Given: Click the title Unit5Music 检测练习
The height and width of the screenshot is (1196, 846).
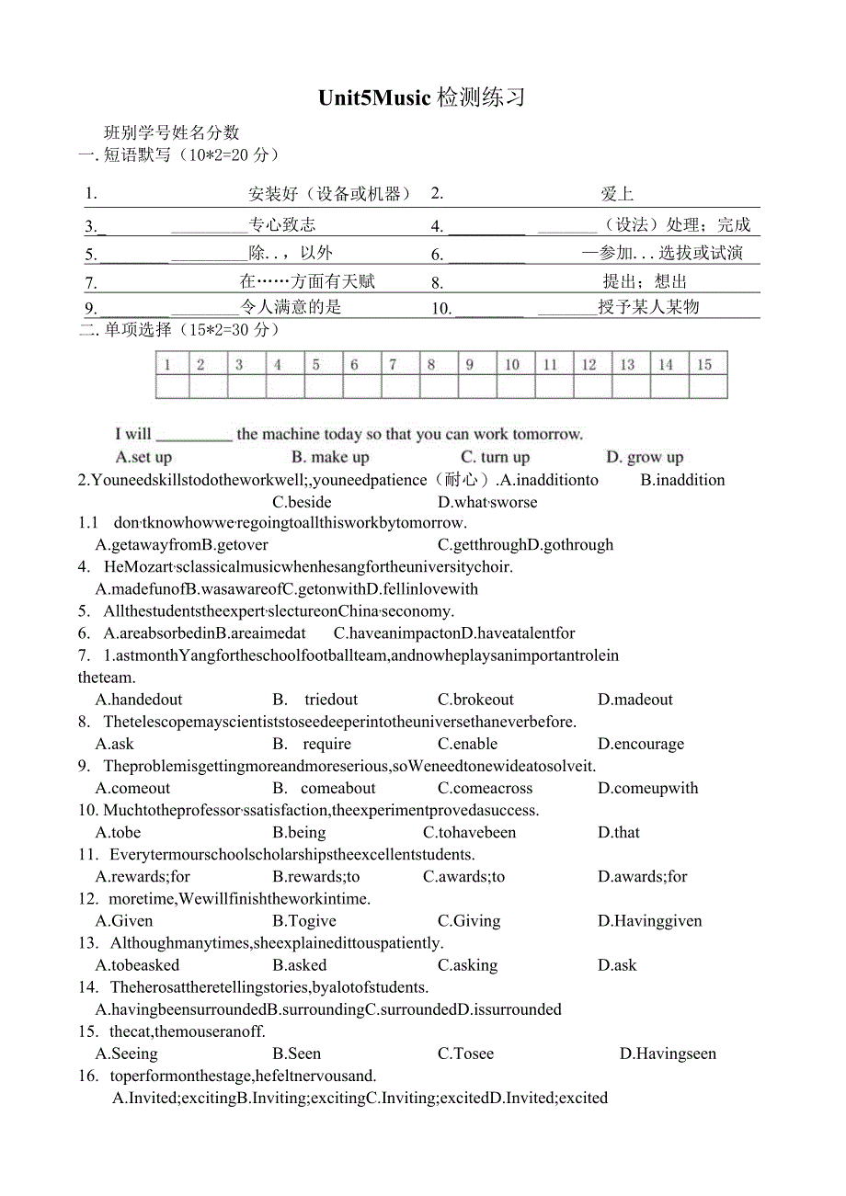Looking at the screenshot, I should click(421, 97).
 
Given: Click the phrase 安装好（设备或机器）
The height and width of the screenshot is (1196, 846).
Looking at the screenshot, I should click(329, 194).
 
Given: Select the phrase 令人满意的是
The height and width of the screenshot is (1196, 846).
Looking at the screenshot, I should click(291, 307).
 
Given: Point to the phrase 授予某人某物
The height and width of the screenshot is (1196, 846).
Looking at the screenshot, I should click(648, 307).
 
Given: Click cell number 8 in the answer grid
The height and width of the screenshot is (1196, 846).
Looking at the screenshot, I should click(430, 365).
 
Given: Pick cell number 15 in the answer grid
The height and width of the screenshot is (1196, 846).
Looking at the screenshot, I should click(704, 365).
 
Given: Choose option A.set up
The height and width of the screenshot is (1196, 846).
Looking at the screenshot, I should click(143, 457).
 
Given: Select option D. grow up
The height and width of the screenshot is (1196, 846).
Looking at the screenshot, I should click(645, 457).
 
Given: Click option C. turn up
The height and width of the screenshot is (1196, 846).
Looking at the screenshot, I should click(495, 457).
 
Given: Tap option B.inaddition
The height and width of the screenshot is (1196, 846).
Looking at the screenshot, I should click(682, 480).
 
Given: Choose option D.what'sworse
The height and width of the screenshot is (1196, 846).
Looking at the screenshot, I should click(487, 502).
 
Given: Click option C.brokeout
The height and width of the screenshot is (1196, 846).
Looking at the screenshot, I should click(475, 700).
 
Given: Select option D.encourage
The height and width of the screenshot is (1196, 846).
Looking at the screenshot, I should click(641, 744).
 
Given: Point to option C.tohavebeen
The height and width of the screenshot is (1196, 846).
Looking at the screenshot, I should click(469, 832).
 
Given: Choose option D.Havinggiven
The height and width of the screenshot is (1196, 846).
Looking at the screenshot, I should click(649, 920).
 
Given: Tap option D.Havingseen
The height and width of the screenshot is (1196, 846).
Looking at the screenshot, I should click(668, 1054).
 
